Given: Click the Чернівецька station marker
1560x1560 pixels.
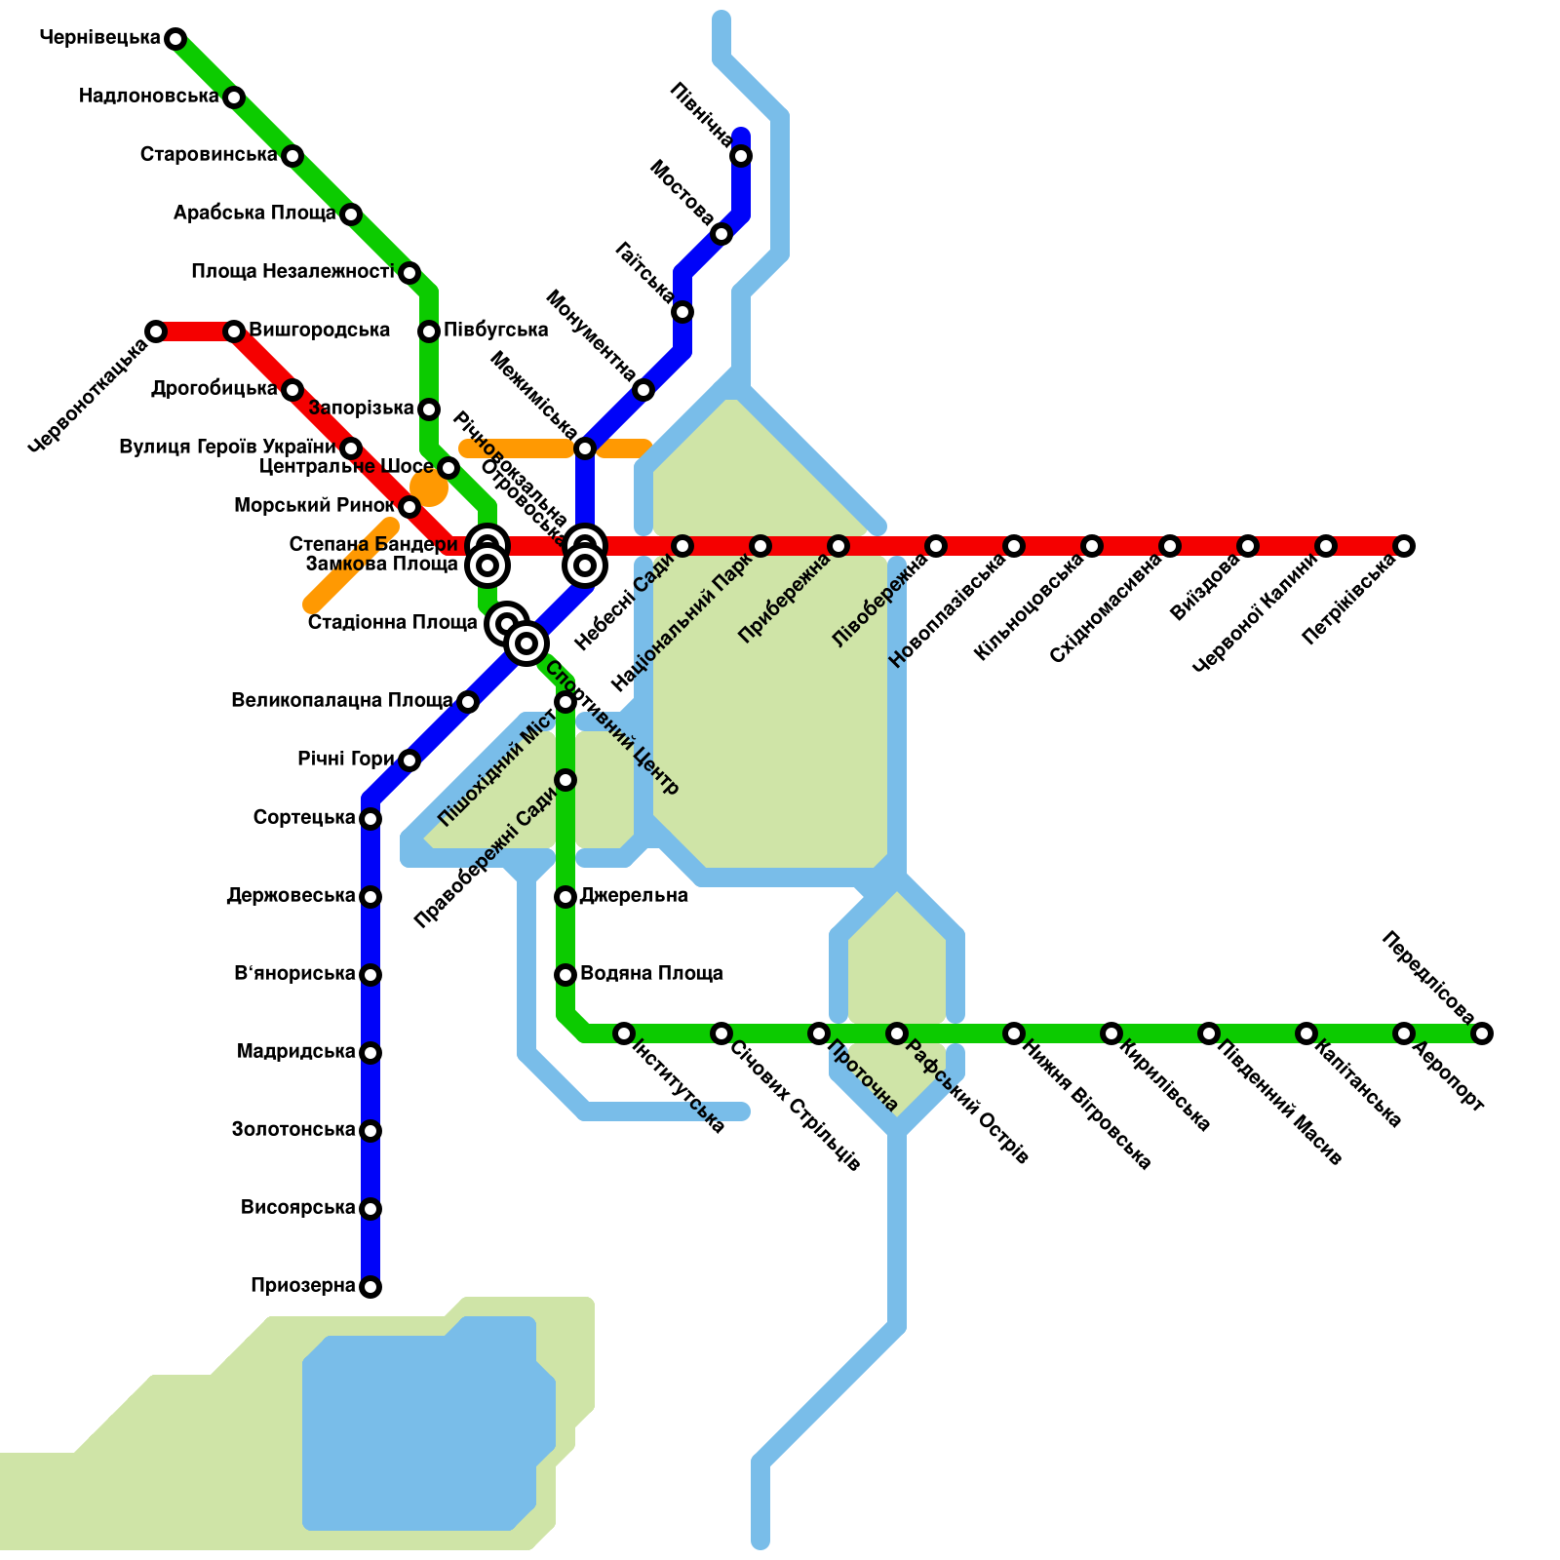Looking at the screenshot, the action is [175, 39].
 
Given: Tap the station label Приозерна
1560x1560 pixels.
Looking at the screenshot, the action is [302, 1286].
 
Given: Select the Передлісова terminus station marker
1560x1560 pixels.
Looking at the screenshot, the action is [1482, 1033].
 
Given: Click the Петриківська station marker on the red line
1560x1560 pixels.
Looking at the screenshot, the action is [1404, 546].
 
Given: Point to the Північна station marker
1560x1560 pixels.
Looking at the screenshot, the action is [741, 156].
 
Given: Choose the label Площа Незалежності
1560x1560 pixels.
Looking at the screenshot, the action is [292, 272].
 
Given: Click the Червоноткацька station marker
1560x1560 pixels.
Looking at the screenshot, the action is [156, 331].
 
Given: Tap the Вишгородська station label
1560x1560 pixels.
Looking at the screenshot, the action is [320, 331].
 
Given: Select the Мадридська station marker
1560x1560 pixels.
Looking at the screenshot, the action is [370, 1053].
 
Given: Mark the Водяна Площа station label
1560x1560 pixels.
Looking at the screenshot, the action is [651, 974].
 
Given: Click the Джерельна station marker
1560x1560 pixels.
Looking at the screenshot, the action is [565, 897].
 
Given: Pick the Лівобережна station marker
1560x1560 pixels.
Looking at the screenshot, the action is [936, 546].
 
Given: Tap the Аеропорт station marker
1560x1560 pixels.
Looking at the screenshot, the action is [1404, 1033].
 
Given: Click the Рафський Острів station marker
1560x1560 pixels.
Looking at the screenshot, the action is [897, 1033].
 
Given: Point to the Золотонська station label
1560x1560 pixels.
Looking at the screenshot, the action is [293, 1130].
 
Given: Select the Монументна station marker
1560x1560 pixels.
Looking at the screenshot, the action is [643, 391].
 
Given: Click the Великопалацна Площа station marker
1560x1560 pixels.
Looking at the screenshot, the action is [468, 702].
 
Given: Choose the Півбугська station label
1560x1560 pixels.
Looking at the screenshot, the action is [495, 331].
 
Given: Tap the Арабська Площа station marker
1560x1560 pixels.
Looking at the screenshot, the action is [351, 214].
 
